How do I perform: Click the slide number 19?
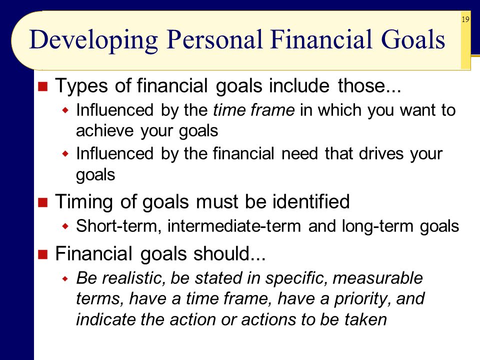click(x=465, y=19)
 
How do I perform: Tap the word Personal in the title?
click(x=215, y=39)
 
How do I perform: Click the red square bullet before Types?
click(x=43, y=86)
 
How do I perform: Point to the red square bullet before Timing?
click(x=43, y=202)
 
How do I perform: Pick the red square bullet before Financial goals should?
click(x=43, y=254)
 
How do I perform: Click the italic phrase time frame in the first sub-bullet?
click(x=254, y=110)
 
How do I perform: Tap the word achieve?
click(x=105, y=130)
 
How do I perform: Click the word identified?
click(x=311, y=201)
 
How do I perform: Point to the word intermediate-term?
click(x=234, y=226)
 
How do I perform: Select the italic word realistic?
click(x=133, y=278)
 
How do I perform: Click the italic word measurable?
click(x=377, y=278)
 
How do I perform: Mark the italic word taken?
click(x=365, y=319)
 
